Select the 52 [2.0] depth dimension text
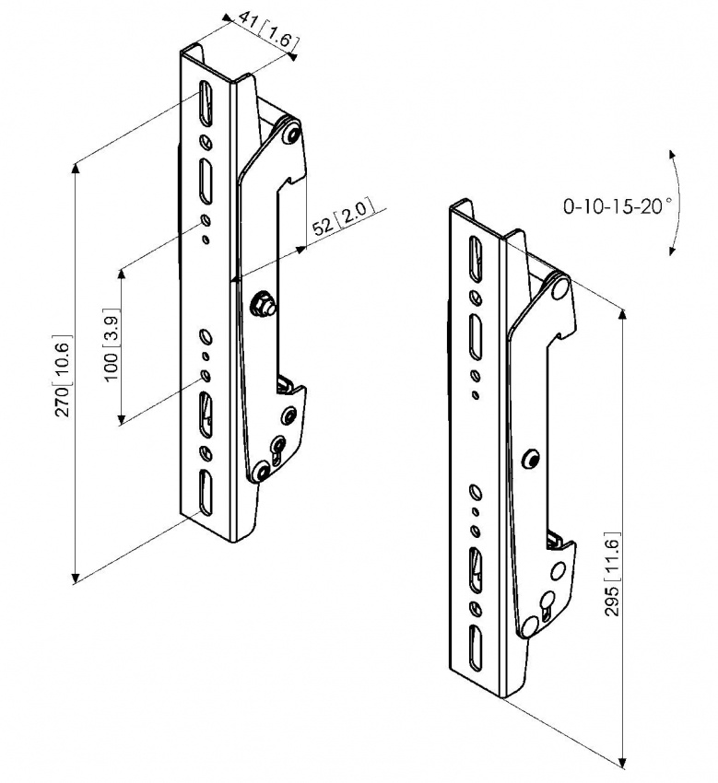coord(340,222)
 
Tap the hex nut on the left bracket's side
coord(263,305)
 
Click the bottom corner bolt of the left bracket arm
coord(263,473)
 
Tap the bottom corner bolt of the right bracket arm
coord(529,626)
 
